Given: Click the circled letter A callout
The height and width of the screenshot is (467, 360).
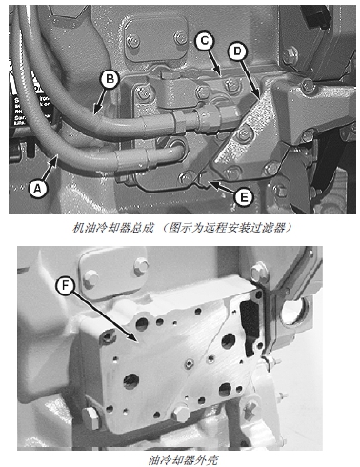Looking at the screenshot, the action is [38, 189].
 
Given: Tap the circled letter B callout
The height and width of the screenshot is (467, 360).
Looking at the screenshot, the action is [110, 78].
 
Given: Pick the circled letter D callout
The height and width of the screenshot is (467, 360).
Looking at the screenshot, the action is [237, 51].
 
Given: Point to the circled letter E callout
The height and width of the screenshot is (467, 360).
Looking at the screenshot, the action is [244, 197].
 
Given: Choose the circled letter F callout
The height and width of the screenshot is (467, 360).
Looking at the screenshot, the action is [65, 286].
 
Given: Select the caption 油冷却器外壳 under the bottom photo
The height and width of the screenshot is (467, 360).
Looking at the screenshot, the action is [183, 459].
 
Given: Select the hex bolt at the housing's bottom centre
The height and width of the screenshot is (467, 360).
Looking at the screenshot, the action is [181, 413].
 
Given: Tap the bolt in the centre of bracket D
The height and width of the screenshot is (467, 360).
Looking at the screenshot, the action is [244, 132].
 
